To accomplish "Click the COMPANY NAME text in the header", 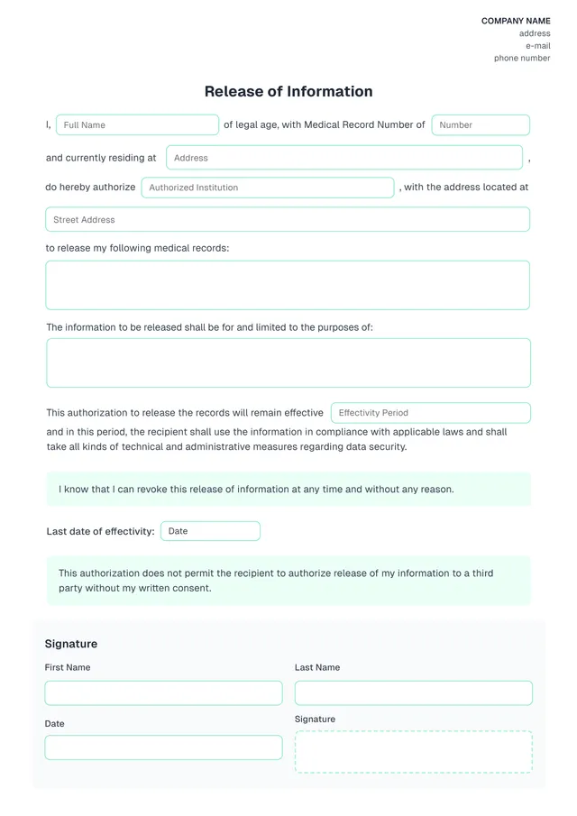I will pos(516,21).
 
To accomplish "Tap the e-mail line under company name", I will pos(537,46).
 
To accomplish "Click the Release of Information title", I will pos(288,91).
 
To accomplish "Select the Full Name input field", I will pos(137,125).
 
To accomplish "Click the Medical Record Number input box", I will pos(480,125).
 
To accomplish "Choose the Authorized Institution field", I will pos(268,188).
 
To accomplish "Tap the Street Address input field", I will pos(288,219).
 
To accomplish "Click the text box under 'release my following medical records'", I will pos(288,285).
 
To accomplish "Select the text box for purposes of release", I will pos(288,362).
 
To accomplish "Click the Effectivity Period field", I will pos(430,413).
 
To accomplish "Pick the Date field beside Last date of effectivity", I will pos(210,531).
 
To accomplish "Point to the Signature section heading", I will pos(71,644).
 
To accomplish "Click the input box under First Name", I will pos(163,692).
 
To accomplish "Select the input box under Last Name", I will pos(413,692).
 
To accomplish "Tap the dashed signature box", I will pos(413,752).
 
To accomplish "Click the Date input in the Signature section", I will pos(163,747).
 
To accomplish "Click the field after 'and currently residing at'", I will pos(343,158).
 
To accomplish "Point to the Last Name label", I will pos(317,667).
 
